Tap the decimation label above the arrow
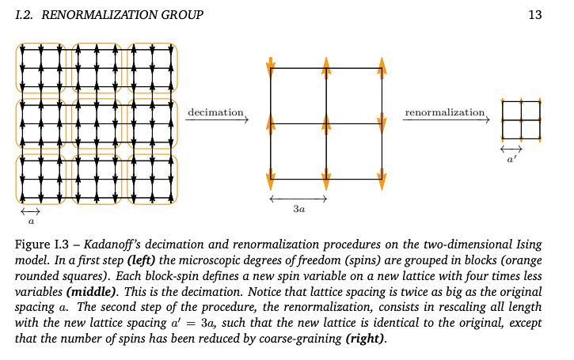pos(215,112)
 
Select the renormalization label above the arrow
pos(444,112)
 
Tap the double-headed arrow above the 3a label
pos(298,199)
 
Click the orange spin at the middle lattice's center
pos(326,123)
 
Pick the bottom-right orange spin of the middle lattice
pos(382,176)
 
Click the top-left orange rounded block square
pos(42,68)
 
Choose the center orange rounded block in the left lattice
pos(97,123)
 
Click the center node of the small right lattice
pos(521,119)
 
